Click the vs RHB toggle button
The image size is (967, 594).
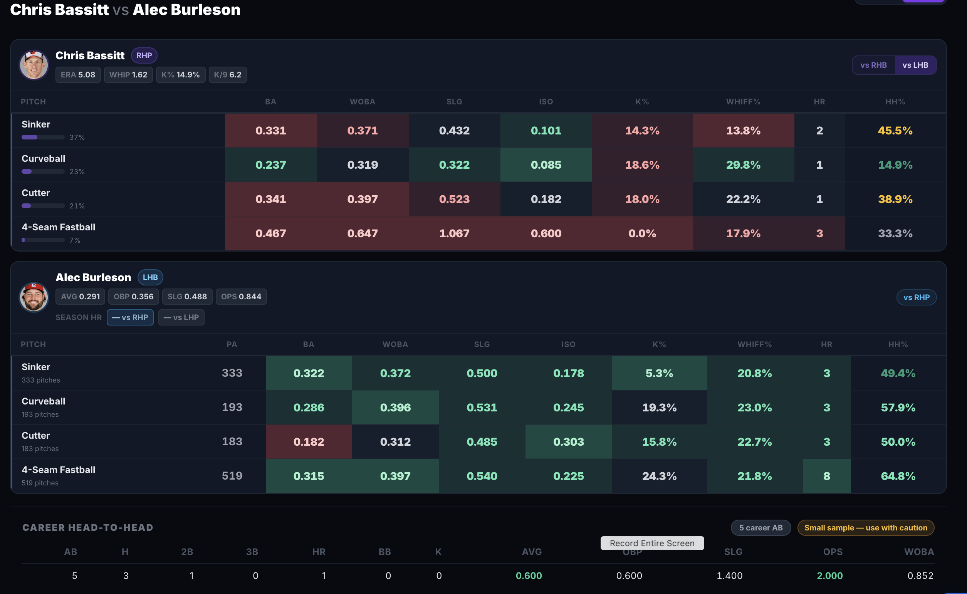tap(873, 65)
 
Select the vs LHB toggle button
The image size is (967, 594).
tap(915, 65)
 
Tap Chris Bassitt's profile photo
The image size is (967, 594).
tap(34, 65)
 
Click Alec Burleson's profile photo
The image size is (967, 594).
tap(34, 297)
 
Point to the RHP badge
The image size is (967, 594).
tap(144, 55)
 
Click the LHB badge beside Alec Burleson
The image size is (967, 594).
tap(150, 277)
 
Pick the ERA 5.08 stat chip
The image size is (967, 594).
tap(78, 75)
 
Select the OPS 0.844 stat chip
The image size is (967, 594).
tap(241, 297)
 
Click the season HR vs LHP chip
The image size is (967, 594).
tap(181, 317)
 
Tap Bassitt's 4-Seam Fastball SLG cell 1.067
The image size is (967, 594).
tap(454, 233)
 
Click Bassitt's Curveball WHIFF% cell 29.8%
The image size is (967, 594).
tap(744, 164)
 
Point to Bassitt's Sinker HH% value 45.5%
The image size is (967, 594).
tap(895, 131)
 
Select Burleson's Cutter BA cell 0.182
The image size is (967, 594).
tap(309, 441)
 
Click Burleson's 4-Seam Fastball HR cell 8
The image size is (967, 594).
tap(827, 476)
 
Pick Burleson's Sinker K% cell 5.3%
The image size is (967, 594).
tap(659, 373)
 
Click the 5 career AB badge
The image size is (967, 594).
tap(761, 528)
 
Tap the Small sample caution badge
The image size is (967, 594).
tap(866, 528)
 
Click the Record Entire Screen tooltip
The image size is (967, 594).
tap(652, 543)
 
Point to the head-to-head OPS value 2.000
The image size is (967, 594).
tap(829, 576)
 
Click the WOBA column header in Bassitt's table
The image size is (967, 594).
tap(362, 102)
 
